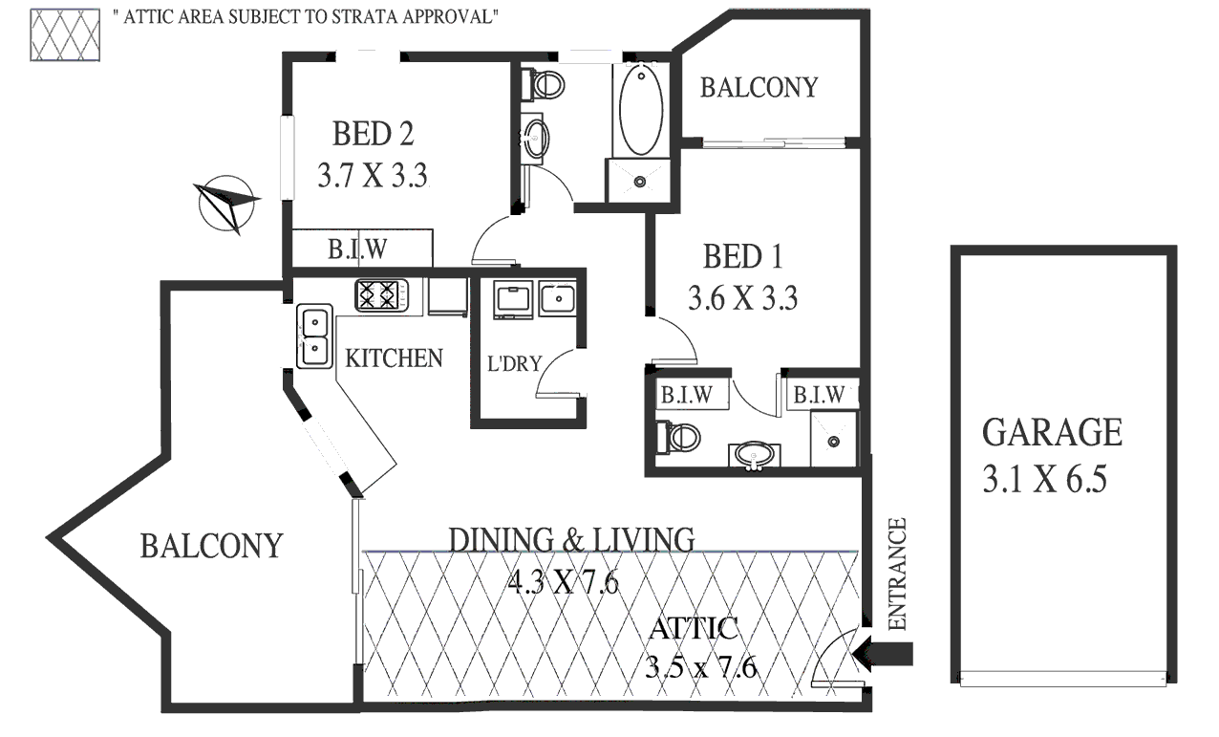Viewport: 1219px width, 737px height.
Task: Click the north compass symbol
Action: click(x=226, y=205)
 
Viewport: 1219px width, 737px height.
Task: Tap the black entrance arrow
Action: click(x=883, y=654)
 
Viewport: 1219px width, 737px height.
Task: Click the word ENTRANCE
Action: click(x=897, y=574)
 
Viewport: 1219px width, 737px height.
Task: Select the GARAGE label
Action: click(x=1052, y=432)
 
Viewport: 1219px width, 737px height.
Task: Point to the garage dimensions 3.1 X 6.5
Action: click(x=1045, y=479)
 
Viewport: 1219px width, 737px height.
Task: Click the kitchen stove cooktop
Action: click(x=381, y=295)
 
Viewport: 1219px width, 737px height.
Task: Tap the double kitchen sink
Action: click(x=314, y=336)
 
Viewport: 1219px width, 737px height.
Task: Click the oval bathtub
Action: click(x=641, y=110)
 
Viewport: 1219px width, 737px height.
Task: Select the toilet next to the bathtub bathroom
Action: click(x=544, y=85)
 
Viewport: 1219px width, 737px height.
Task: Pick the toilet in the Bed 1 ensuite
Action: click(x=678, y=437)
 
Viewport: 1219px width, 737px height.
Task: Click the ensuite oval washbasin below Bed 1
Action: click(x=755, y=454)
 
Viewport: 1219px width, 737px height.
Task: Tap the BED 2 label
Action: click(x=374, y=134)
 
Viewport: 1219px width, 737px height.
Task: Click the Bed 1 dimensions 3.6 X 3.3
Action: click(x=743, y=298)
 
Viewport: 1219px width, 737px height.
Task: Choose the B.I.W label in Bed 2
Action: click(x=357, y=249)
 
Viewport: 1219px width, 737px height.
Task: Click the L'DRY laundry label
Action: click(x=515, y=363)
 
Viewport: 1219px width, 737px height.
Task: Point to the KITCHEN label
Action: click(x=394, y=358)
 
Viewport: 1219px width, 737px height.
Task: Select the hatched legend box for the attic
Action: click(x=65, y=34)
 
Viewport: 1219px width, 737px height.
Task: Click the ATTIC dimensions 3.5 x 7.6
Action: click(x=701, y=667)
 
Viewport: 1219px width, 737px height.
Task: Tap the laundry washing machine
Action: click(x=513, y=299)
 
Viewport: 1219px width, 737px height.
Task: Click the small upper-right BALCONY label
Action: click(x=759, y=88)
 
